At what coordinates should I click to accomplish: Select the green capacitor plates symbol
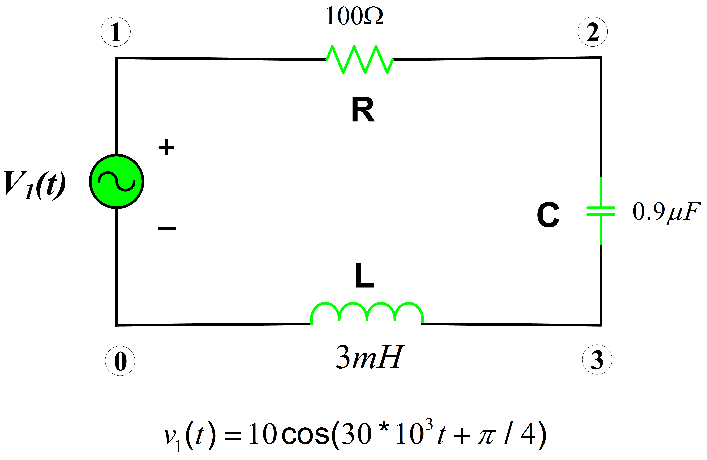click(601, 211)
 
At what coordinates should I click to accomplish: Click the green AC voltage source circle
click(117, 181)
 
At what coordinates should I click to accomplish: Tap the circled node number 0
click(120, 361)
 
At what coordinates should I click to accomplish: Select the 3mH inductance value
click(370, 357)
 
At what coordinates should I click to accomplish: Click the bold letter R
click(363, 109)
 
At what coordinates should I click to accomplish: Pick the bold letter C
click(548, 215)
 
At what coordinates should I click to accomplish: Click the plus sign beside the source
click(166, 147)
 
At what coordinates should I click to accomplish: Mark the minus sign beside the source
click(167, 228)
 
